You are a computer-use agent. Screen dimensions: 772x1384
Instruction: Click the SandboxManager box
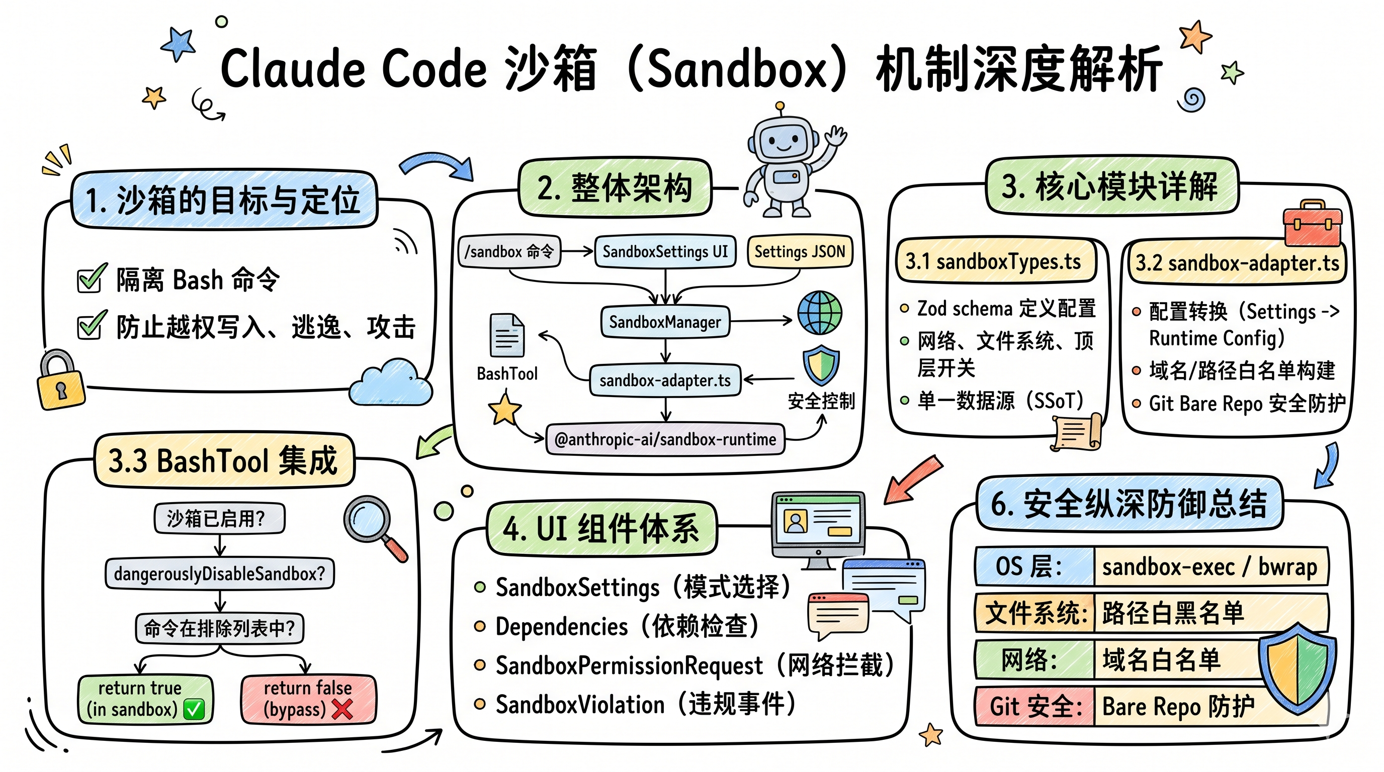[665, 322]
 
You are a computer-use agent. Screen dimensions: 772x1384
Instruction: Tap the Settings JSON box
[800, 251]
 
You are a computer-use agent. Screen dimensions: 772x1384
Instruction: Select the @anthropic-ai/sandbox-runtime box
[665, 439]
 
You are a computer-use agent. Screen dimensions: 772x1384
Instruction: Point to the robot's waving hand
[835, 135]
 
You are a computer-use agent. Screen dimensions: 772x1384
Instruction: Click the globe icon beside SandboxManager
[819, 313]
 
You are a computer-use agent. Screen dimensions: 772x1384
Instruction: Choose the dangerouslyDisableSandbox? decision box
[219, 573]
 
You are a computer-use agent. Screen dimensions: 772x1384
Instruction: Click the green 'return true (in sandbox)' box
[145, 699]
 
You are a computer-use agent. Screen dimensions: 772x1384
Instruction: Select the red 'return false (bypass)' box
[308, 699]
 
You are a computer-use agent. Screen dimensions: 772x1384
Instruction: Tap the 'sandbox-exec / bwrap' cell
[1210, 566]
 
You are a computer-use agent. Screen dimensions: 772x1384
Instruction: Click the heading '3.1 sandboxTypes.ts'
[993, 261]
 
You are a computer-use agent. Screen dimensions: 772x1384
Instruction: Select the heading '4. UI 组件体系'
[601, 528]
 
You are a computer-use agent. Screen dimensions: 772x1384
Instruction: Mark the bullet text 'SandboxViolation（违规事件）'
[645, 704]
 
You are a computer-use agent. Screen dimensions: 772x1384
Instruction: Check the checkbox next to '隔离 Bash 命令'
[90, 279]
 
